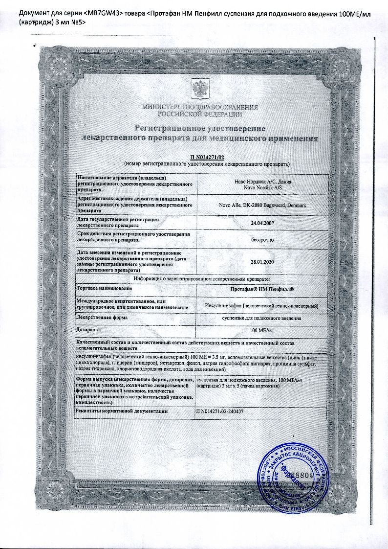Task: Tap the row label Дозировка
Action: tap(89, 330)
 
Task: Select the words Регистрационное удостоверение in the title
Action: tap(200, 128)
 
